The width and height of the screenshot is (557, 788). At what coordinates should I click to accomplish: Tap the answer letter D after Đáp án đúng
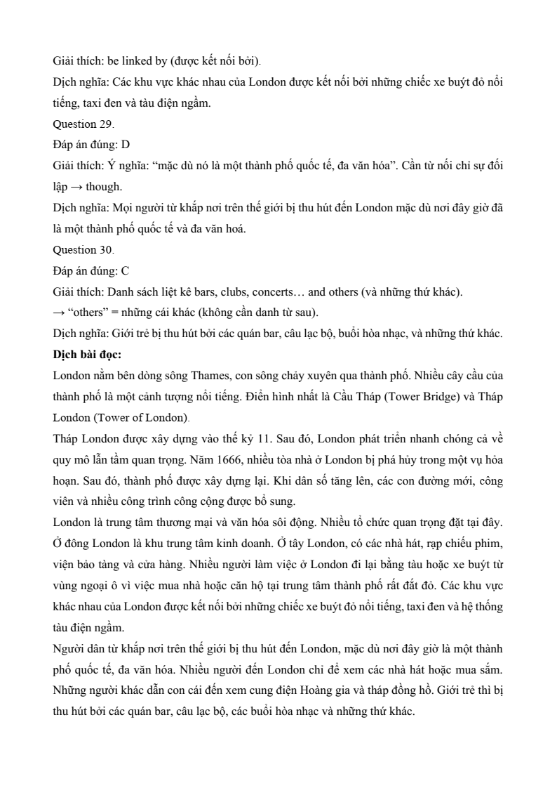click(x=126, y=145)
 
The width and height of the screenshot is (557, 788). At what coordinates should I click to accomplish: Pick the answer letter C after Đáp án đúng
click(x=126, y=271)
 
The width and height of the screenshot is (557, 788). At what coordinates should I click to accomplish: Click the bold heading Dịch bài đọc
click(x=87, y=355)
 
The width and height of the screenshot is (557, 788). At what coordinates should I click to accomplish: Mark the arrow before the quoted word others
click(x=58, y=313)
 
